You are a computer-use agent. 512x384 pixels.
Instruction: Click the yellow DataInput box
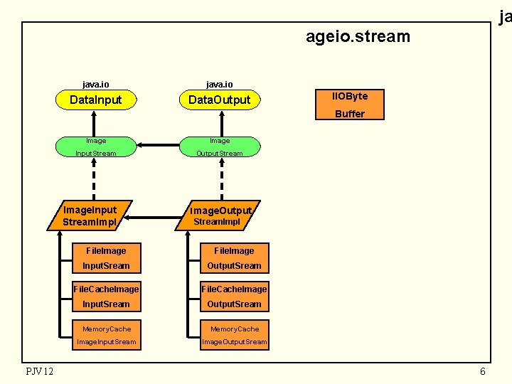96,100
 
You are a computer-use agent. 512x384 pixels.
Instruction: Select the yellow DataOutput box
220,100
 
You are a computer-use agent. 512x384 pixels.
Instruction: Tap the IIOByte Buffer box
350,105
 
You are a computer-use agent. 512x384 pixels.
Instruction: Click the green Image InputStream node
96,146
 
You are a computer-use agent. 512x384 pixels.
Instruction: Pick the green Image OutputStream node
220,146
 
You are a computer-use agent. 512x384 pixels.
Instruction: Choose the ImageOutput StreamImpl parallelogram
220,215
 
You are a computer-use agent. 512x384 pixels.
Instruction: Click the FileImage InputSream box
106,257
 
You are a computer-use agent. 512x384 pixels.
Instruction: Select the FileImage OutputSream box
234,257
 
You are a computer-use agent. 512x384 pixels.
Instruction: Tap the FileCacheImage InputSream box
106,296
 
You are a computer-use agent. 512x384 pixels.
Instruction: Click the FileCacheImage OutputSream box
234,296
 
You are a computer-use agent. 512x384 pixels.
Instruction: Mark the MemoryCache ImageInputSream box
106,335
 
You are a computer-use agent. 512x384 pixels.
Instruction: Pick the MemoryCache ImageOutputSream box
234,335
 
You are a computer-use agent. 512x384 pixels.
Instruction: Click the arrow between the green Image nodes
157,146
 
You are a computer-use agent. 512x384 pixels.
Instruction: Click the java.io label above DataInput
96,84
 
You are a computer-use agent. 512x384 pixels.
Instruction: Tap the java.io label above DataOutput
220,84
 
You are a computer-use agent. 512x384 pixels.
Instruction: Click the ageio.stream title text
358,36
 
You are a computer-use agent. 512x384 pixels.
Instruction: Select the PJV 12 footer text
39,371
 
